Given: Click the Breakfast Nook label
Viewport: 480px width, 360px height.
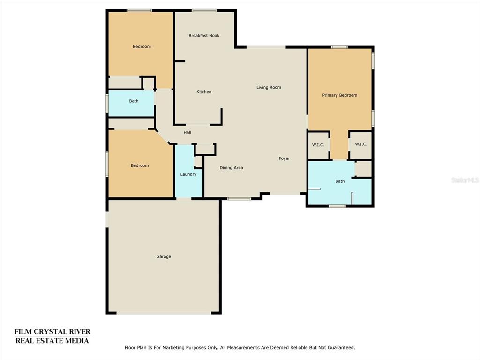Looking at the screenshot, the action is click(x=204, y=36).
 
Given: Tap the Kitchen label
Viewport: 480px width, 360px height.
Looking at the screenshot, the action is click(x=204, y=92).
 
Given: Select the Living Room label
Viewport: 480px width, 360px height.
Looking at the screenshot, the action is click(x=269, y=87).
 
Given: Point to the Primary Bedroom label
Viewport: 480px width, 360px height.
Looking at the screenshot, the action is click(x=339, y=95).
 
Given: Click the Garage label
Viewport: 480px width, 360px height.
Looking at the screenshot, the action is click(x=164, y=256).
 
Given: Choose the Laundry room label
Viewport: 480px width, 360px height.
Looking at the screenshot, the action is click(x=188, y=174).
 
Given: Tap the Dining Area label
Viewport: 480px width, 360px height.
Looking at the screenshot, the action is click(x=232, y=168).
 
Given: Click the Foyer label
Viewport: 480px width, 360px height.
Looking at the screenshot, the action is click(x=285, y=158).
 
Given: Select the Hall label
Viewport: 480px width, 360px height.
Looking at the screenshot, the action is click(x=187, y=132).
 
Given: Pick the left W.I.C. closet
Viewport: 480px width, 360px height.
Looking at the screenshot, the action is click(x=318, y=145).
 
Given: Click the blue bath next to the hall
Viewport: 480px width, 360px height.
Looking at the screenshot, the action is click(x=131, y=103).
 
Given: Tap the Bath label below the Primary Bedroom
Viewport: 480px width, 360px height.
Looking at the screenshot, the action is click(x=340, y=181).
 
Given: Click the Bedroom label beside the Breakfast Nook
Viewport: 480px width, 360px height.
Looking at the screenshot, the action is click(x=142, y=46).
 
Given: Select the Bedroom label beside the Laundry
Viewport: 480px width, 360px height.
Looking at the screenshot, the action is click(x=140, y=165).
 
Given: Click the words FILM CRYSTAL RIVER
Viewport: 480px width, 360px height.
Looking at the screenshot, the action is click(x=52, y=331).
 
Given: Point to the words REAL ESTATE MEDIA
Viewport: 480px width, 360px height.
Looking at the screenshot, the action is click(x=52, y=341).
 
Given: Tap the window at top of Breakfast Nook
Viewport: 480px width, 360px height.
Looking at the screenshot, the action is click(x=204, y=11).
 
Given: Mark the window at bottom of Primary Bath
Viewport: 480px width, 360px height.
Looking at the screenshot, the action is click(x=337, y=206).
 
